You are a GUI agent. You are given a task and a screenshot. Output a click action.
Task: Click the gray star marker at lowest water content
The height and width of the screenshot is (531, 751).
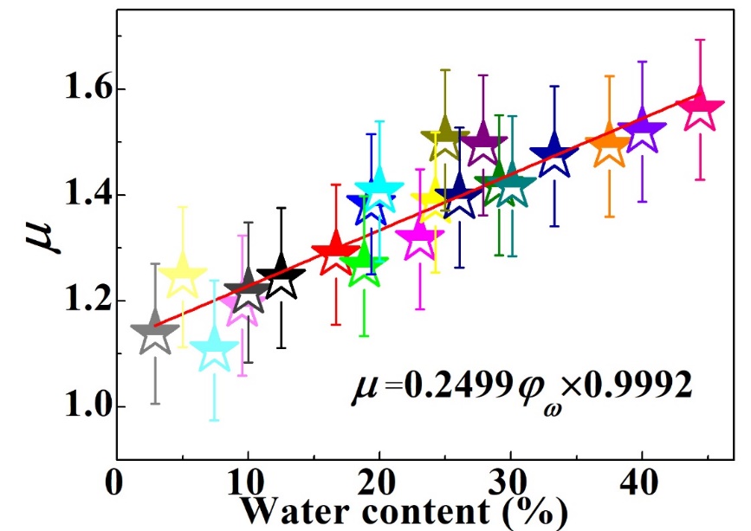(x=155, y=332)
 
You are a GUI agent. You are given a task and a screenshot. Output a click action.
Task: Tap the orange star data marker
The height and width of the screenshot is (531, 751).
(x=610, y=147)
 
